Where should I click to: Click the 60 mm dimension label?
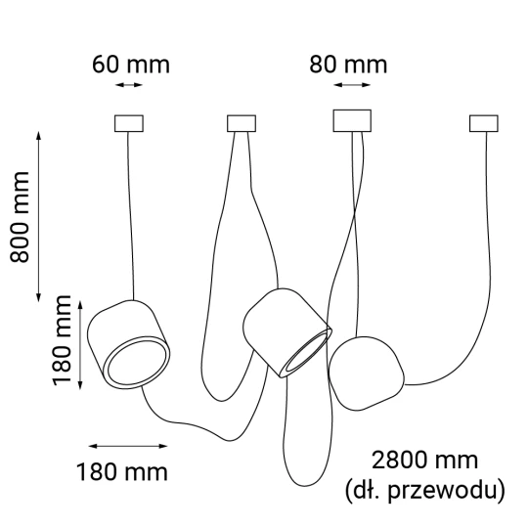131,65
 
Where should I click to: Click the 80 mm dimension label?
348,65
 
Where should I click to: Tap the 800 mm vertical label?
20,217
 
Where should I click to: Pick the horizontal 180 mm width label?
122,472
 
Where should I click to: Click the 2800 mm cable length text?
424,461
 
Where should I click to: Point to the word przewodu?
447,491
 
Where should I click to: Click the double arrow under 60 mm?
129,85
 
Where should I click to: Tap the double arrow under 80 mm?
352,85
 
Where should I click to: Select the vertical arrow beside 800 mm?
39,216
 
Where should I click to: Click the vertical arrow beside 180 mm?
80,345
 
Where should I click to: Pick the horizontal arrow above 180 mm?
128,446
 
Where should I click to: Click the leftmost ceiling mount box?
129,123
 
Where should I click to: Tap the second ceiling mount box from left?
242,123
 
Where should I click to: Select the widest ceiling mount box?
352,120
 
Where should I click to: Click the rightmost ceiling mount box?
484,123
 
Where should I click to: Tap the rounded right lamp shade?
366,374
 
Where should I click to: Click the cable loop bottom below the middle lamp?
306,486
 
